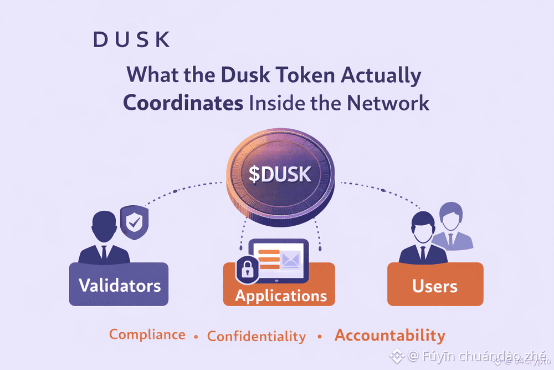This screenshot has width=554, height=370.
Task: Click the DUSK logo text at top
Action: pyautogui.click(x=131, y=40)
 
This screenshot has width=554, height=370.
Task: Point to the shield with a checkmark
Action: pyautogui.click(x=134, y=222)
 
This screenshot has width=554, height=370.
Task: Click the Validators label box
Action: pyautogui.click(x=119, y=285)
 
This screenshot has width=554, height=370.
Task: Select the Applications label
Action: pyautogui.click(x=280, y=295)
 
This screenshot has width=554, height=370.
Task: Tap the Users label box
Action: pyautogui.click(x=435, y=286)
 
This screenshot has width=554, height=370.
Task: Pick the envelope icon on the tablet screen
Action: pyautogui.click(x=290, y=259)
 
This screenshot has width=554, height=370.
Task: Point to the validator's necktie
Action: pyautogui.click(x=103, y=252)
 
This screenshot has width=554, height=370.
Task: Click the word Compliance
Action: pyautogui.click(x=147, y=334)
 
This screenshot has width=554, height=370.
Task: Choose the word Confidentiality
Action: pyautogui.click(x=256, y=337)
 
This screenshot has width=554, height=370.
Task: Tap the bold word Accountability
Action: pyautogui.click(x=389, y=335)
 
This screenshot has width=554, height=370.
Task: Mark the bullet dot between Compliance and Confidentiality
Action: pyautogui.click(x=196, y=337)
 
